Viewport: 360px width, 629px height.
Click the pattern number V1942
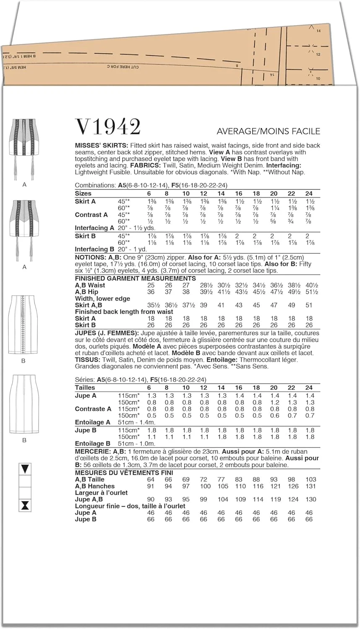[x=107, y=127]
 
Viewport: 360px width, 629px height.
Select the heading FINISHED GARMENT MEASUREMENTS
[x=135, y=278]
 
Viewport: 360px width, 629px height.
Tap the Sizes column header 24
[x=309, y=194]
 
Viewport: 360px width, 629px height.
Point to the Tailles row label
[x=85, y=388]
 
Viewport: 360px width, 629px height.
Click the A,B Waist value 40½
[x=309, y=285]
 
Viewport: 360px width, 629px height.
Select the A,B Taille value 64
[x=151, y=479]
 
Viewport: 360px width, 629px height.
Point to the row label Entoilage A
[x=92, y=422]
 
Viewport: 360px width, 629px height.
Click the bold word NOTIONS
[x=90, y=257]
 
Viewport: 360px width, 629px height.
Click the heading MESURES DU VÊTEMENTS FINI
[x=124, y=473]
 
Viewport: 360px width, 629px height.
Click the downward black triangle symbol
[x=26, y=469]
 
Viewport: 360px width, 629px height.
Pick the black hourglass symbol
[x=26, y=505]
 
